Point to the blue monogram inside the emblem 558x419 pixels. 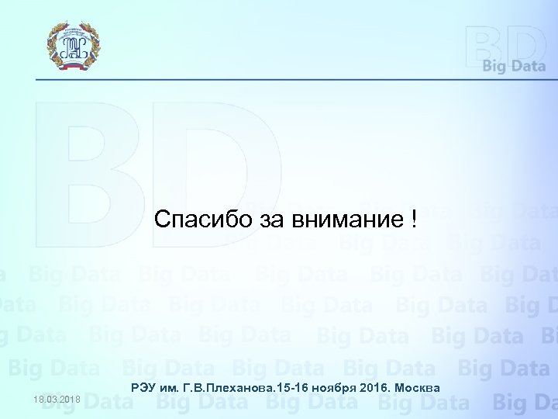pos(73,43)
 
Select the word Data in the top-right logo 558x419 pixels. pos(529,67)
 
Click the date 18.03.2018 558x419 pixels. pos(57,400)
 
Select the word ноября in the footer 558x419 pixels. pos(331,387)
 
